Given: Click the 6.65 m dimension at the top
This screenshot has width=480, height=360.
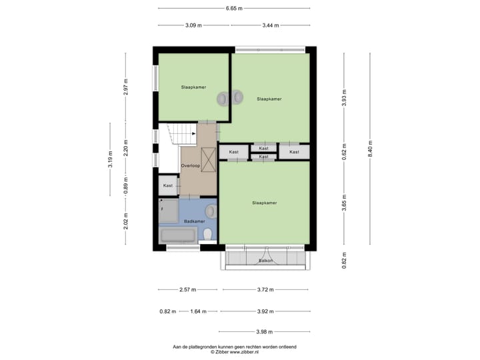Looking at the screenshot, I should (234, 9).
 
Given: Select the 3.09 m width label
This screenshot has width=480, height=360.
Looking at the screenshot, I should (193, 25).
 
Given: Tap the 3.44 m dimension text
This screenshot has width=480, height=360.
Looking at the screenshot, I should (270, 25).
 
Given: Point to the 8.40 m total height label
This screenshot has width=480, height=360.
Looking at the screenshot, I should (370, 151).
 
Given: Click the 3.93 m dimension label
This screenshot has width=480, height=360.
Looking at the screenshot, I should (344, 98).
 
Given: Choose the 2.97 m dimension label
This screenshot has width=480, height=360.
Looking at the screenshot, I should (125, 87).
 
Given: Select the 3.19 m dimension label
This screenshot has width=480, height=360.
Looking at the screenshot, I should (111, 159).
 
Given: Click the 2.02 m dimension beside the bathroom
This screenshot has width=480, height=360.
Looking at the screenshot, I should (125, 221).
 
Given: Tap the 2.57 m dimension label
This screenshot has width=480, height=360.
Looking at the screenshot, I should (187, 290).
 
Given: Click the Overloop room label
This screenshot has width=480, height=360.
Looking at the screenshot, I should (191, 165).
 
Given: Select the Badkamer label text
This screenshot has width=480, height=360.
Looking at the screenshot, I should (194, 221).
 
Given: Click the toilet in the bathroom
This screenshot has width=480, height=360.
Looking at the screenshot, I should (208, 234).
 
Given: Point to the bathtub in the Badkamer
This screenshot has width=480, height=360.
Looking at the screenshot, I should (178, 235).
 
